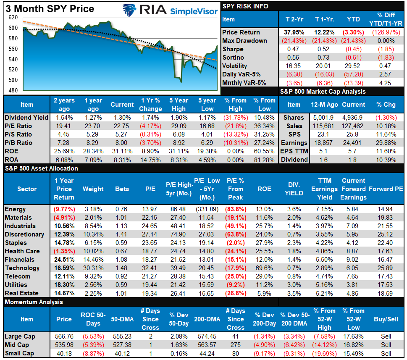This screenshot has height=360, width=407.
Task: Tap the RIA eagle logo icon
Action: click(x=131, y=10)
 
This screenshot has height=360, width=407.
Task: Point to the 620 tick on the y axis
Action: click(x=13, y=18)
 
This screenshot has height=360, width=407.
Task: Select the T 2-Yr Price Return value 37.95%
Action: click(x=292, y=32)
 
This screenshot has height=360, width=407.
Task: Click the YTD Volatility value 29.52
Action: click(x=353, y=66)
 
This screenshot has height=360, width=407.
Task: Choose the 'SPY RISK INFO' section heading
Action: click(x=245, y=6)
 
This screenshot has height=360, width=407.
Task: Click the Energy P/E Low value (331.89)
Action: click(x=207, y=209)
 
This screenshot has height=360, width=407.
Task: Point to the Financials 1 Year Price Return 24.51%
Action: click(x=64, y=260)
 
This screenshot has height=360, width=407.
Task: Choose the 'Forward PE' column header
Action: click(x=386, y=189)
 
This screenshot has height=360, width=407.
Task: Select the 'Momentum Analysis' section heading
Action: click(x=34, y=302)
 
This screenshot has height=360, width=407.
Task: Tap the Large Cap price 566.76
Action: click(x=64, y=336)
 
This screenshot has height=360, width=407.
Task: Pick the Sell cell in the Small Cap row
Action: click(x=386, y=353)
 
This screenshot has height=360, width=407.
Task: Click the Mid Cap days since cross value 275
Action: click(x=235, y=345)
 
